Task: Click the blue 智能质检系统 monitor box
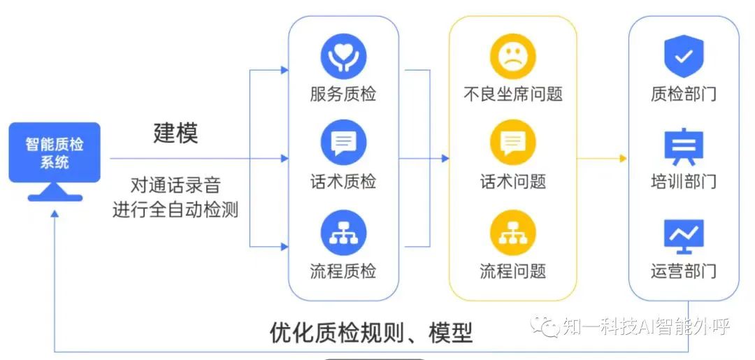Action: point(55,153)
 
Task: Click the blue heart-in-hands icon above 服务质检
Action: point(343,56)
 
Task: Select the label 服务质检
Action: point(343,94)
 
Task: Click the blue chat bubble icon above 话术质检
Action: point(343,143)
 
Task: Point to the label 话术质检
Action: point(343,182)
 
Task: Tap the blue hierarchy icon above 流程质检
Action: point(343,233)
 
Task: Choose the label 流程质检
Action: point(343,271)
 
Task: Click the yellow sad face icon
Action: point(512,56)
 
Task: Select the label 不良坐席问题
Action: point(512,94)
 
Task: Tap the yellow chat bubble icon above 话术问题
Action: point(512,143)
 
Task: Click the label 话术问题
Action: point(512,182)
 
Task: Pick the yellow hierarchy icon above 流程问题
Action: point(512,233)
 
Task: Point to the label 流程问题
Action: point(512,271)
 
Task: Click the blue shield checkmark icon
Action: point(683,57)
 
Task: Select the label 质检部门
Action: point(683,94)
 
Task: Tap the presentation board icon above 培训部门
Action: point(683,145)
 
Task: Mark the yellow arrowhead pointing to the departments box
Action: point(623,159)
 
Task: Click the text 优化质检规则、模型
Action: point(371,333)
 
